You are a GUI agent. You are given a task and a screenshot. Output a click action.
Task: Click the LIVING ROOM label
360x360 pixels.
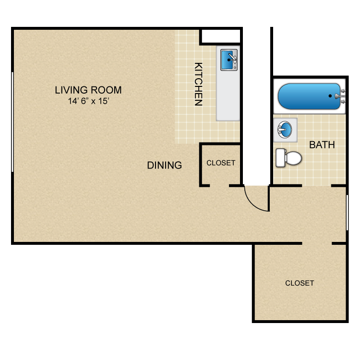pyautogui.click(x=88, y=90)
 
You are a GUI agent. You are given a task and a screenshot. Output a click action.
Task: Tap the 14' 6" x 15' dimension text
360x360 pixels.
pyautogui.click(x=89, y=101)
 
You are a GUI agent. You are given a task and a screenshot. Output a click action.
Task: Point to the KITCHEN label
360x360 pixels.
pyautogui.click(x=198, y=84)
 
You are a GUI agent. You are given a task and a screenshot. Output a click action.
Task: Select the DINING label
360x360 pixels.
pyautogui.click(x=164, y=165)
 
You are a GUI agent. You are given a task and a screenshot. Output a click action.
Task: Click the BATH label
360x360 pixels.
pyautogui.click(x=322, y=145)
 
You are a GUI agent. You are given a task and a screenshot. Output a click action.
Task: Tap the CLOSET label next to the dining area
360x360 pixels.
pyautogui.click(x=221, y=163)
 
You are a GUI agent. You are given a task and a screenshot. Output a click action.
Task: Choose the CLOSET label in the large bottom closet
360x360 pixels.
pyautogui.click(x=300, y=283)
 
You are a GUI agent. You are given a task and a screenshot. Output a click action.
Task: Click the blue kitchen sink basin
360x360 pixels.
pyautogui.click(x=228, y=60)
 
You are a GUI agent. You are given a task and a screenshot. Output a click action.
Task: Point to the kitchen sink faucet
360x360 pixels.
pyautogui.click(x=233, y=58)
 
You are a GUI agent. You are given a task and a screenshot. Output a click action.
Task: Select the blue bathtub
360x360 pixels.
pyautogui.click(x=309, y=96)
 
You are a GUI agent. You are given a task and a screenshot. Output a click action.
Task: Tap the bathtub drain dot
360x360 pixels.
pyautogui.click(x=330, y=96)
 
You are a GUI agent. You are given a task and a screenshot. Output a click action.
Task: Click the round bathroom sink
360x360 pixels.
pyautogui.click(x=285, y=130)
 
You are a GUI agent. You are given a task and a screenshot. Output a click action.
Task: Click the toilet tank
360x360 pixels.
pyautogui.click(x=281, y=158)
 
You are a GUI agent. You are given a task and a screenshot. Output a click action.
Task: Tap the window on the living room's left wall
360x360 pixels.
pyautogui.click(x=12, y=122)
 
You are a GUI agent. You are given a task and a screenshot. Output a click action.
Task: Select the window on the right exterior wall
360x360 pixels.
pyautogui.click(x=347, y=212)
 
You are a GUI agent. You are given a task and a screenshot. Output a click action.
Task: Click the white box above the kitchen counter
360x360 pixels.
pyautogui.click(x=221, y=36)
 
